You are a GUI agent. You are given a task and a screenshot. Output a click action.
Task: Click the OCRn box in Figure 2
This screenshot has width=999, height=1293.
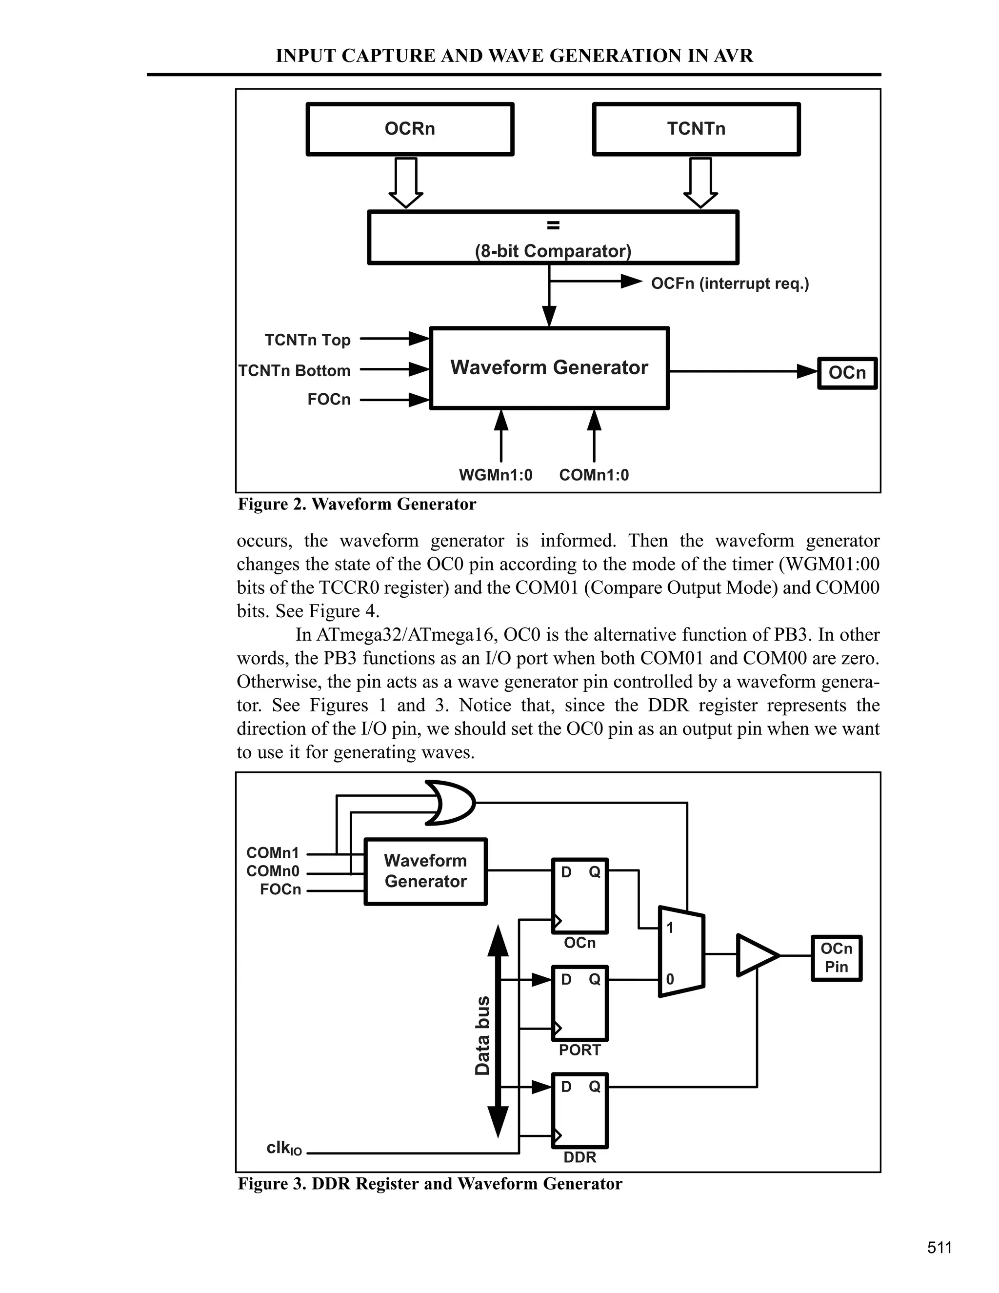tap(410, 129)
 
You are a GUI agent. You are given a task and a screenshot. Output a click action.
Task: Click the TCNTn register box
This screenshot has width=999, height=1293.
tap(696, 129)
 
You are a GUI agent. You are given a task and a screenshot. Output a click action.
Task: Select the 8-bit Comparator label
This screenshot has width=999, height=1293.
tap(553, 251)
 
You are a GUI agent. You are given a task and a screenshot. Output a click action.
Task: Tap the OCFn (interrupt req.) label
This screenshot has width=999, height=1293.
tap(730, 283)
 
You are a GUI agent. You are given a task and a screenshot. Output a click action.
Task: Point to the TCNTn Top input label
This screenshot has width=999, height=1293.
tap(307, 340)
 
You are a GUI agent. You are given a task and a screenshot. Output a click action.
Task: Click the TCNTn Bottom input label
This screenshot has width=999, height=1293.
tap(294, 371)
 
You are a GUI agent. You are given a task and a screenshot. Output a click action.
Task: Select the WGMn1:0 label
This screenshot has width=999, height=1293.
tap(496, 475)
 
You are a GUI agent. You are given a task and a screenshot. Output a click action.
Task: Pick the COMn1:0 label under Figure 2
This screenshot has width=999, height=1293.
tap(594, 475)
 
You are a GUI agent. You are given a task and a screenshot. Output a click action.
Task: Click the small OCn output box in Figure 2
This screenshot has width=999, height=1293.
tap(847, 373)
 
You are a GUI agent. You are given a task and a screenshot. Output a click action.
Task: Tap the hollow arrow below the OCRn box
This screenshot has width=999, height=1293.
tap(406, 182)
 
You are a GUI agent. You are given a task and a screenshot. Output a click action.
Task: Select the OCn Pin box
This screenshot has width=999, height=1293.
tap(836, 958)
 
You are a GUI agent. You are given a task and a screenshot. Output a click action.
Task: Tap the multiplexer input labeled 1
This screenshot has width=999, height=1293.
tap(670, 928)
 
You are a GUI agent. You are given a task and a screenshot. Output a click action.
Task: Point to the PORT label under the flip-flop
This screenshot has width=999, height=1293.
tap(579, 1051)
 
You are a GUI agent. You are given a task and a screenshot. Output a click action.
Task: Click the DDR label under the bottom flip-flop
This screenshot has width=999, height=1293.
tap(579, 1157)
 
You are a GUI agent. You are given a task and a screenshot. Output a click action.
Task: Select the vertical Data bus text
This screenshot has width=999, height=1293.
tap(483, 1035)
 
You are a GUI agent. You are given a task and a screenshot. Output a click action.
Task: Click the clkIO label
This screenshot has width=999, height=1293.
tap(284, 1149)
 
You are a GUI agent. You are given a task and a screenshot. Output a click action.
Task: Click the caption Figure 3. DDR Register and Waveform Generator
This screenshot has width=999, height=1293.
tap(430, 1184)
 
